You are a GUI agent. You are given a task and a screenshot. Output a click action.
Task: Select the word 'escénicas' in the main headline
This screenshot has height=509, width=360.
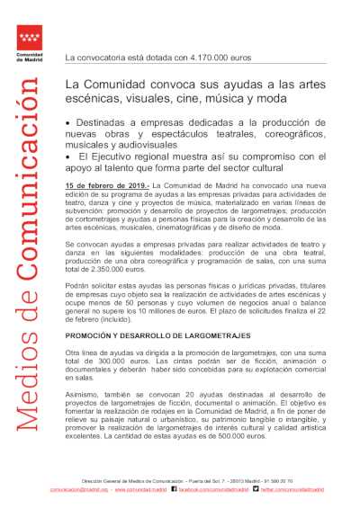[103, 97]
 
